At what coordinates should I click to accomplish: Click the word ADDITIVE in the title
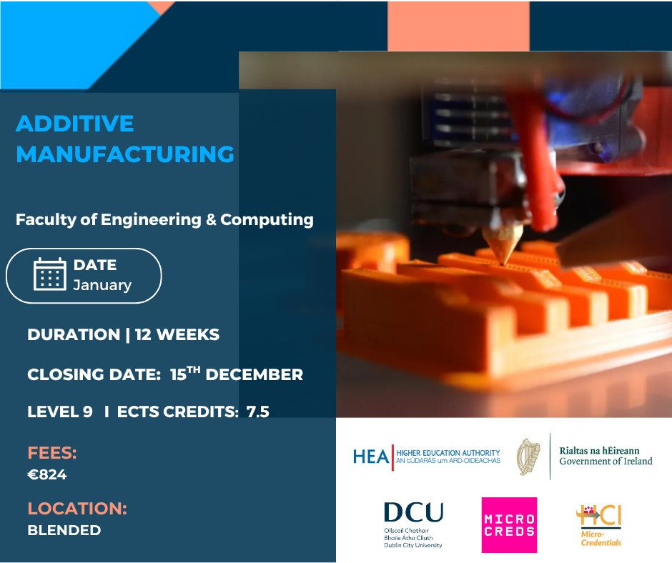[74, 124]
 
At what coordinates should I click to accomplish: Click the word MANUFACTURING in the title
[125, 154]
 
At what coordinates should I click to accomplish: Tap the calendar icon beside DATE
[50, 274]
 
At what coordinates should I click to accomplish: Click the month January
[102, 285]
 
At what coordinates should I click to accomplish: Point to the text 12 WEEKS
[176, 334]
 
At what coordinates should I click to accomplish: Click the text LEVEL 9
[60, 411]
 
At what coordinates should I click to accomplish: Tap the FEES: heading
[52, 453]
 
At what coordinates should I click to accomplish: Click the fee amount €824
[46, 474]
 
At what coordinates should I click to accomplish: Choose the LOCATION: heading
[77, 509]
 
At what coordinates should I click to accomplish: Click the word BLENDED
[64, 530]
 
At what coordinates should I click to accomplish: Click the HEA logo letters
[371, 457]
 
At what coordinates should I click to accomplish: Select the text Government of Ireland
[606, 462]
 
